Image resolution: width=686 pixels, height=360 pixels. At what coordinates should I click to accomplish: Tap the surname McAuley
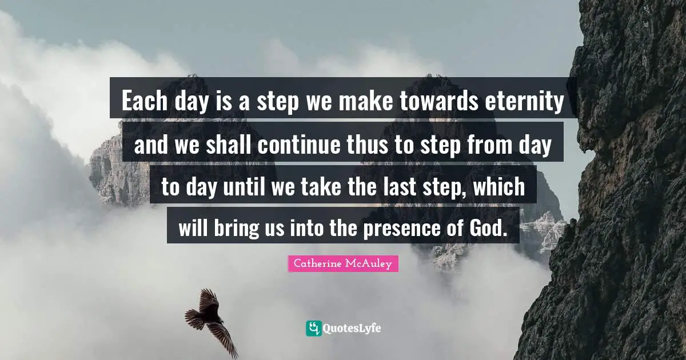point(371,263)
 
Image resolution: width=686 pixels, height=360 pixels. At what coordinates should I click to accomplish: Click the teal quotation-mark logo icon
point(313,328)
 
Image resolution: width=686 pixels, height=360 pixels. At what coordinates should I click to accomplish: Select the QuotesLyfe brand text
point(352,328)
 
